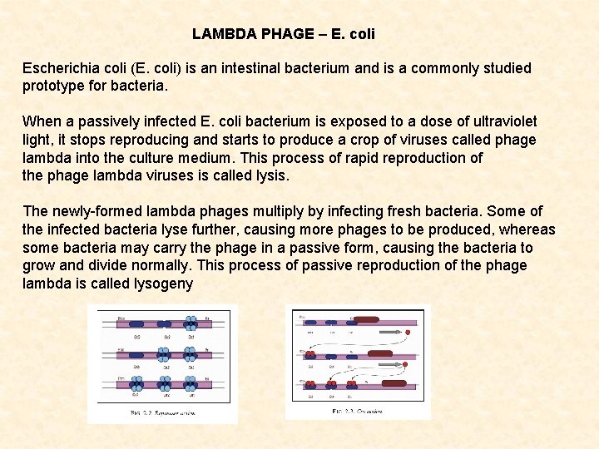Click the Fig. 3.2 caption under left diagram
click(x=163, y=413)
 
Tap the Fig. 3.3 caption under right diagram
click(x=358, y=411)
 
